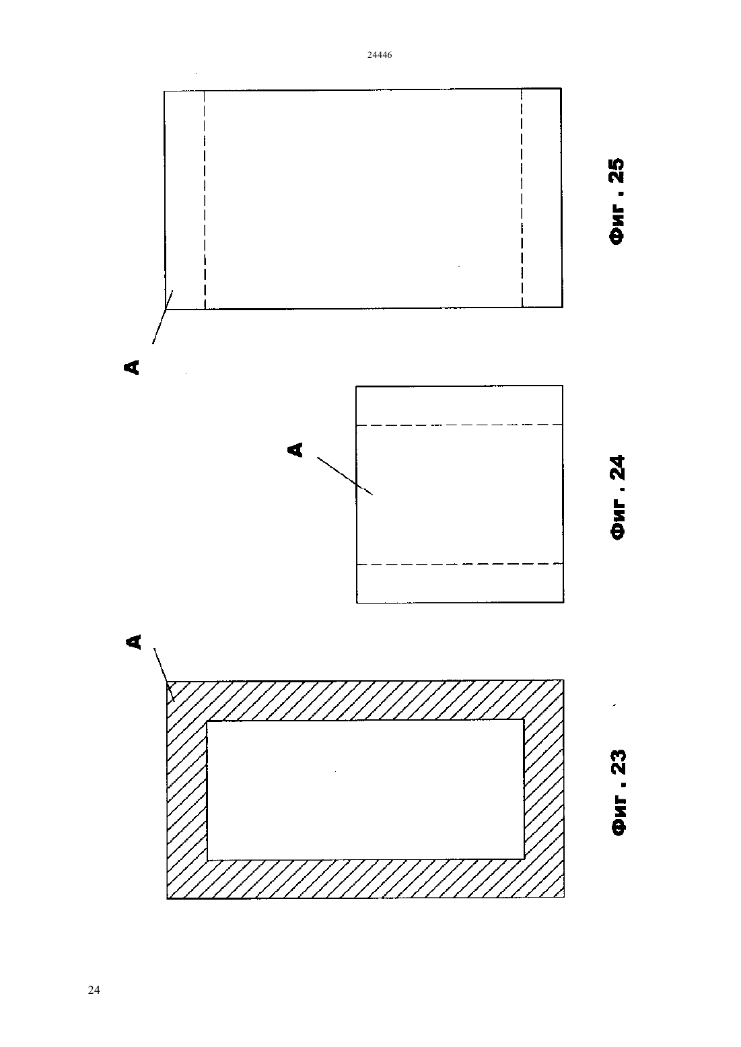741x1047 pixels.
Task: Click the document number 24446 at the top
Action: coord(379,55)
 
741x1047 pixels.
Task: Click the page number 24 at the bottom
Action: coord(94,990)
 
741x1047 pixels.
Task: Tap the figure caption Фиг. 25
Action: coord(616,201)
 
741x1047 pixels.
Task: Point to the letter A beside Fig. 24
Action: coord(295,449)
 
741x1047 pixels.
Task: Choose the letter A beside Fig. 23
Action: coord(133,641)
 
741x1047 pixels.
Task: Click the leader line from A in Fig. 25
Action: coord(163,317)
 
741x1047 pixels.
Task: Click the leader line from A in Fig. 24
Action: coord(345,476)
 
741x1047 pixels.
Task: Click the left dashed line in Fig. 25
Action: coord(205,200)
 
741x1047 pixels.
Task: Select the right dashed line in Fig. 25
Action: coord(522,198)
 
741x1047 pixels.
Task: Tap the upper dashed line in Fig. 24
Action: coord(459,425)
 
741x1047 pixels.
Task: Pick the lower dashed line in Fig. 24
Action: coord(460,564)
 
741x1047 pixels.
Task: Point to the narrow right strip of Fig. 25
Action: coord(542,198)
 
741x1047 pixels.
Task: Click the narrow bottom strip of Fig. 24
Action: coord(460,583)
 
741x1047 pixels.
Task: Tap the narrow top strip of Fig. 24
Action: coord(459,405)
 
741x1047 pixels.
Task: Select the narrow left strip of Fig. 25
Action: coord(184,200)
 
